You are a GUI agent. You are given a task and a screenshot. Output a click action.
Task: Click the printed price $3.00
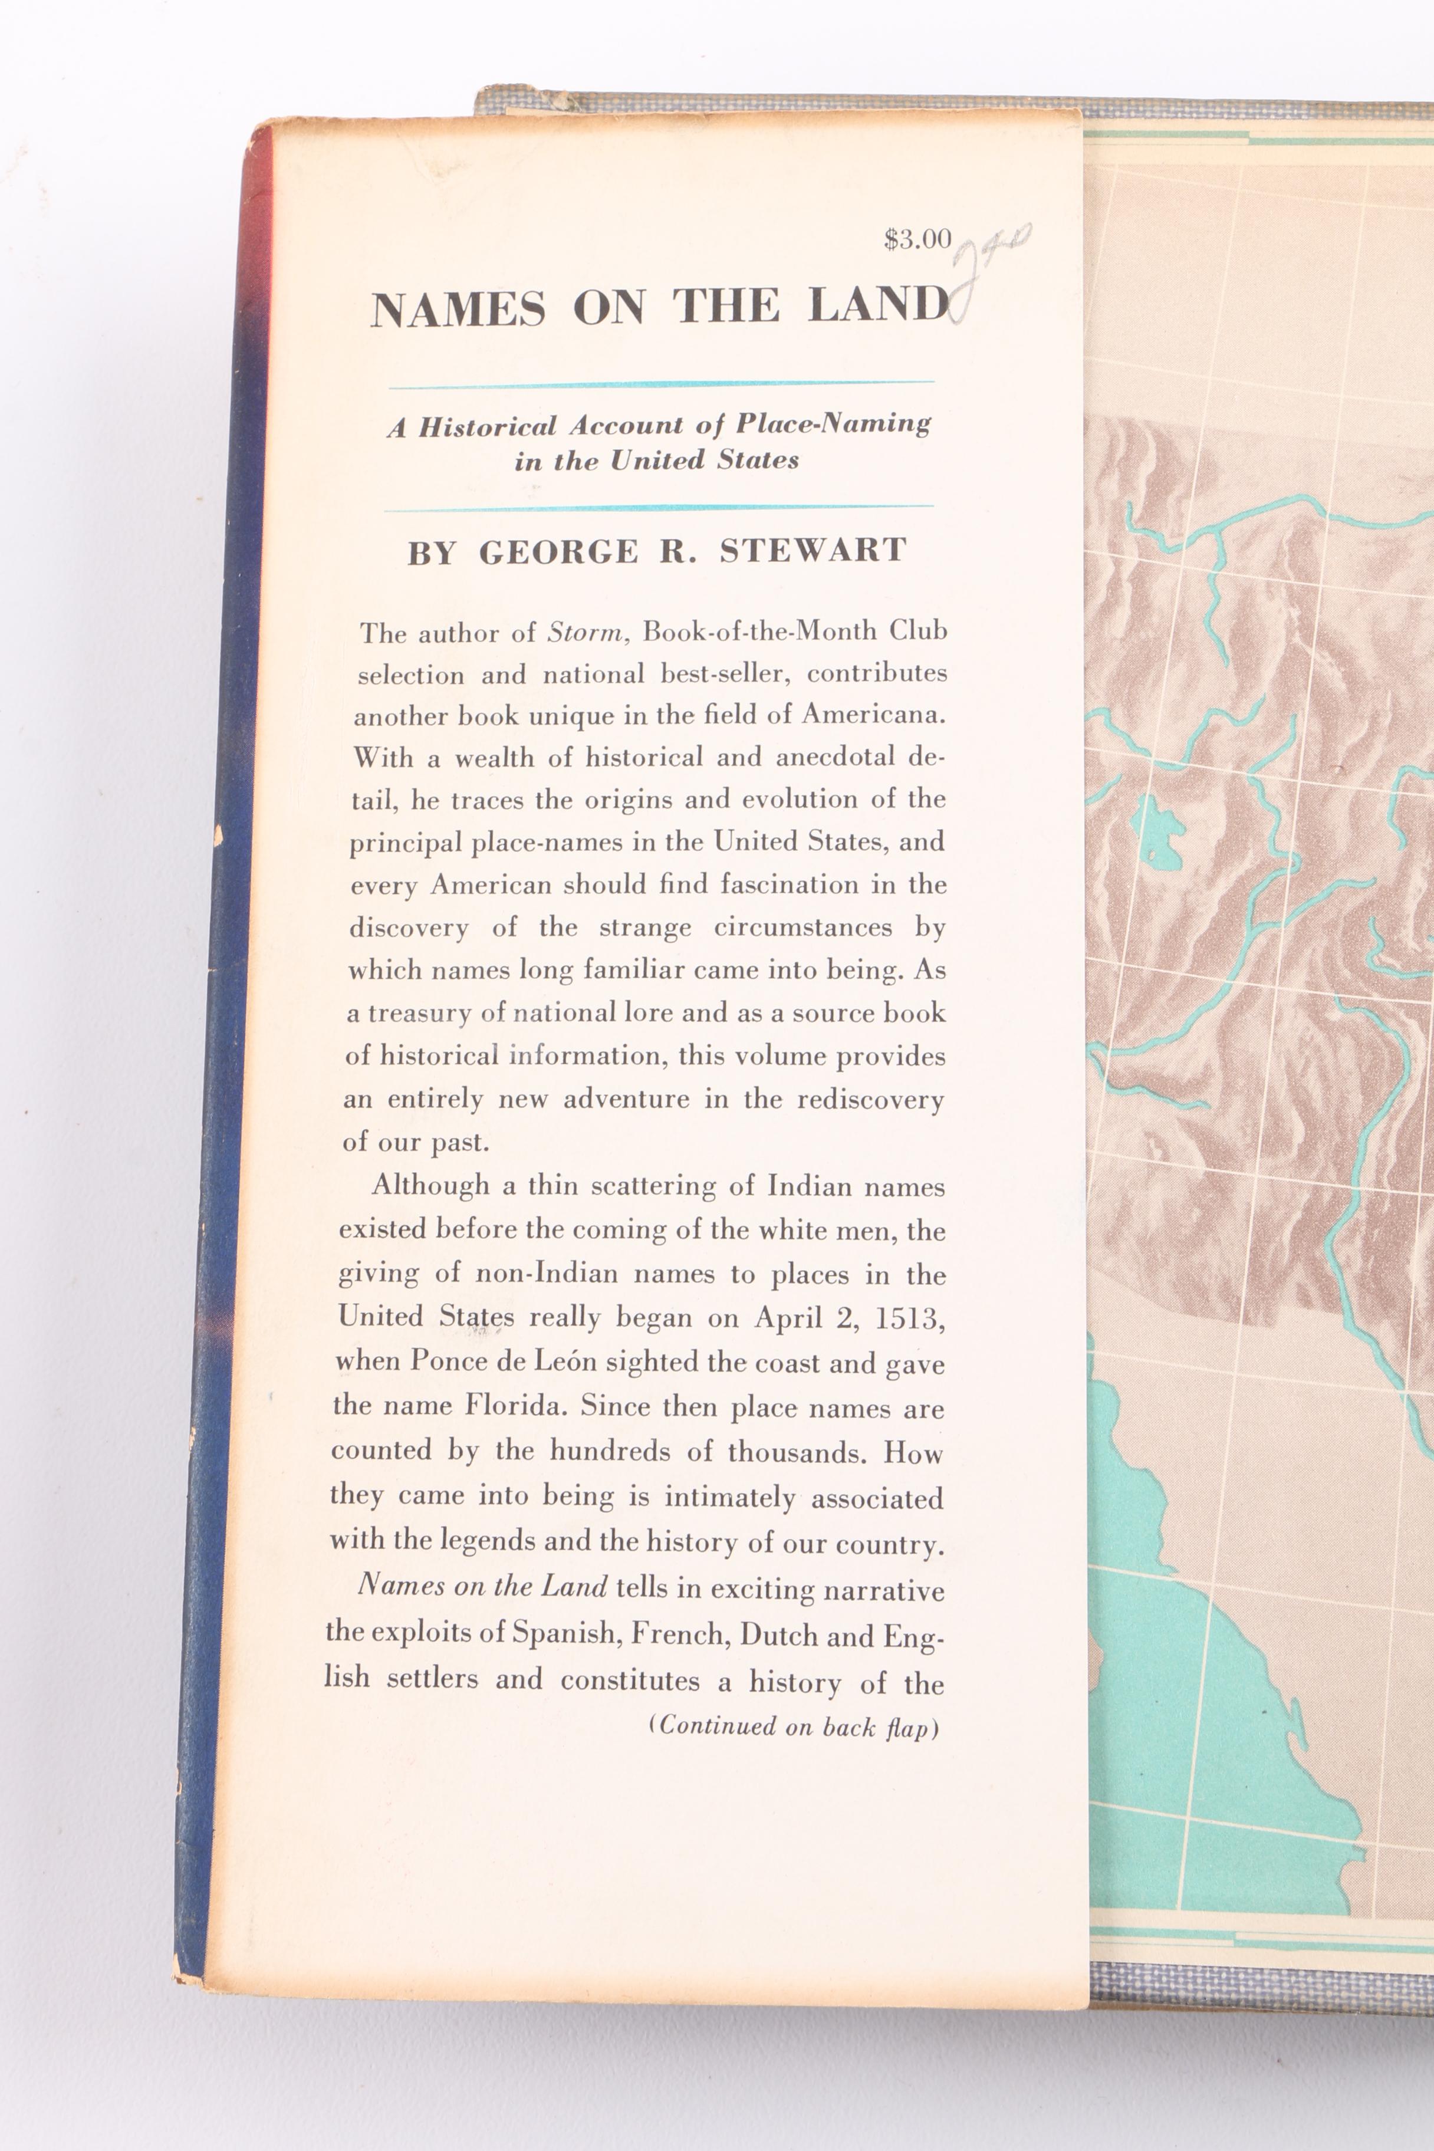click(917, 239)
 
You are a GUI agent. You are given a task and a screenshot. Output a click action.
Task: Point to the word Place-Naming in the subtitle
click(832, 423)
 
